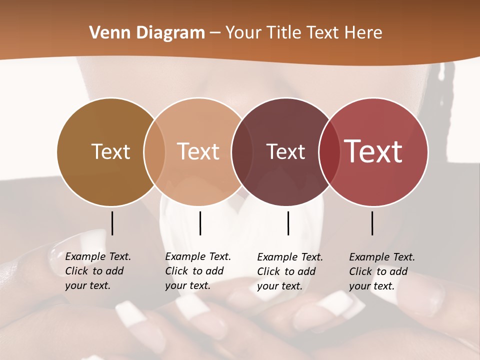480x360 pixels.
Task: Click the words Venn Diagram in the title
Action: point(147,33)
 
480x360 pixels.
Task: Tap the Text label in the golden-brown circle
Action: point(110,151)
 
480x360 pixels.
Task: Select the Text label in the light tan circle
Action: point(198,151)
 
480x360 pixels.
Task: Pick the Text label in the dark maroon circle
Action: point(285,151)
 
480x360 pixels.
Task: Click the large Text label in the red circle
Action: point(373,151)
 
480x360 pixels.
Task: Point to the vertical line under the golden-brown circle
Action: point(112,223)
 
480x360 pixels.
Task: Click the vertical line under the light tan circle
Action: point(200,223)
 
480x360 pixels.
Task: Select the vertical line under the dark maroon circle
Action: point(288,223)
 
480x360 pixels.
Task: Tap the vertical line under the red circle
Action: point(372,223)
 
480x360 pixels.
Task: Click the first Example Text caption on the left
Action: point(97,271)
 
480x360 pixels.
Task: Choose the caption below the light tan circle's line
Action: point(197,271)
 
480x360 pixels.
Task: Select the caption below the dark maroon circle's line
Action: point(289,271)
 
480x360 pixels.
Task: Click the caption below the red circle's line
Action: point(381,271)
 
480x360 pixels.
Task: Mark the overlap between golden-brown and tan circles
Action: point(154,151)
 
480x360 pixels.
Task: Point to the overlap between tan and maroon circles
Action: point(241,151)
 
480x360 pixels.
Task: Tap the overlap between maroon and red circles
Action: point(328,151)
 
